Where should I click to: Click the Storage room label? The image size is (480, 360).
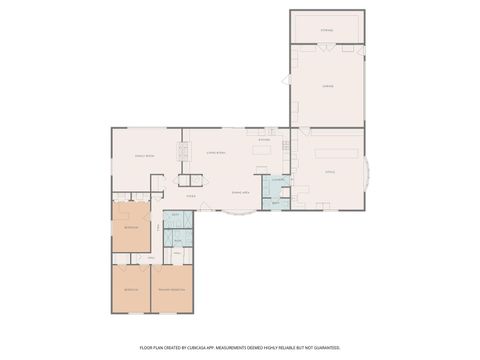point(327,31)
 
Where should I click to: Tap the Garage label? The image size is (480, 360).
point(327,87)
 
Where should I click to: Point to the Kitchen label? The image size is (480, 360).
point(262,140)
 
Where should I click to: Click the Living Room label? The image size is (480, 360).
point(214,152)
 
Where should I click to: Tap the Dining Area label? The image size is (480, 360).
point(240,191)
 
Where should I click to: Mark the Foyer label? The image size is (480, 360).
point(190,197)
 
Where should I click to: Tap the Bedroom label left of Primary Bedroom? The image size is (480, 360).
point(131,289)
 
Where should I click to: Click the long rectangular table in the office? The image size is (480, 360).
point(336,154)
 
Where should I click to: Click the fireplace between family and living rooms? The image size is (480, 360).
point(183,152)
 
